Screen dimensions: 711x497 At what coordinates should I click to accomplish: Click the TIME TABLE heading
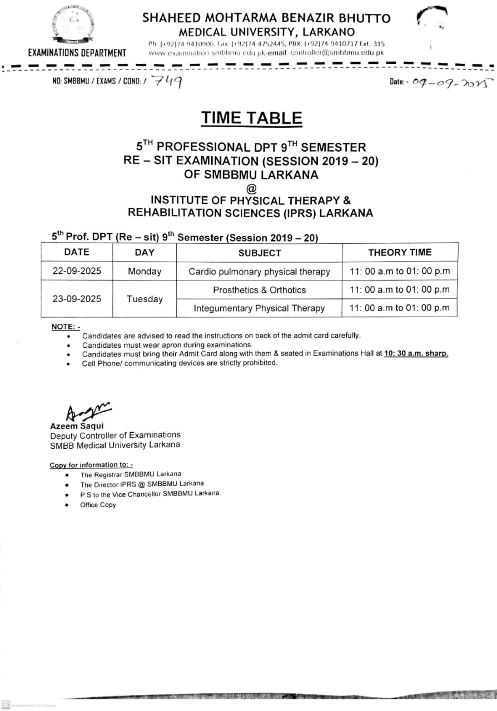252,118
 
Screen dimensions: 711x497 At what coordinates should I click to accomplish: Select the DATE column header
77,252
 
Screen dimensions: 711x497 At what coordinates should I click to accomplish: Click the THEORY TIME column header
399,253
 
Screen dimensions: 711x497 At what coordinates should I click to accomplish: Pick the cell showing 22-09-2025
77,272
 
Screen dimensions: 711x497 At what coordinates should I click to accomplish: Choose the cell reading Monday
145,272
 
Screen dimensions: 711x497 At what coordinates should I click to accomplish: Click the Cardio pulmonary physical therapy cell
259,272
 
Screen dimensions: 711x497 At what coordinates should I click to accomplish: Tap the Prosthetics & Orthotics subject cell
259,290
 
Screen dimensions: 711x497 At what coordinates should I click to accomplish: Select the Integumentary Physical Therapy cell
259,308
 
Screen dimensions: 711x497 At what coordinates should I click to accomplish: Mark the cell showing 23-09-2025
77,299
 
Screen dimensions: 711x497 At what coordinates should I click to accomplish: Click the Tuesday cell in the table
145,299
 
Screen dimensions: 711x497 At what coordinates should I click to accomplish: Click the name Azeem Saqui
73,425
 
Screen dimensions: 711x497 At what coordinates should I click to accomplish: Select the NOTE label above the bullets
66,327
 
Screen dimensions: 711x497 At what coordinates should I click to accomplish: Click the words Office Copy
98,505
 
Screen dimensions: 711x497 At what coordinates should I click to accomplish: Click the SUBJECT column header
259,253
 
